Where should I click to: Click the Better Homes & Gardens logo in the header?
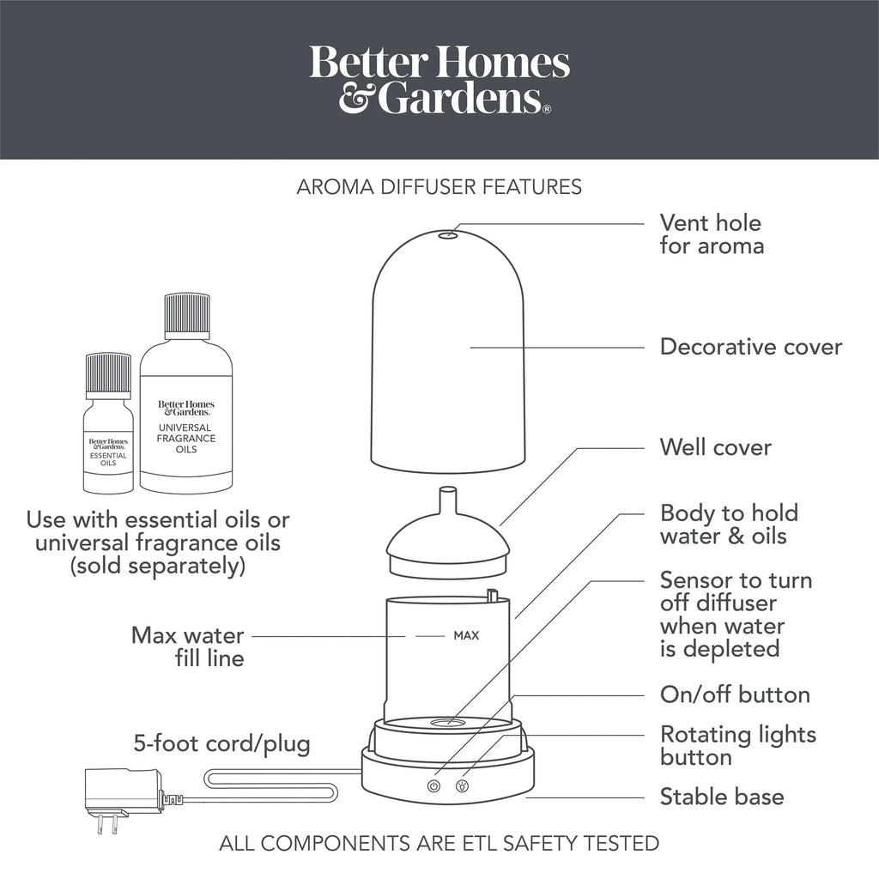(x=439, y=79)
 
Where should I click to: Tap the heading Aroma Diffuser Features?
(x=439, y=187)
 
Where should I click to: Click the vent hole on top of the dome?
(x=448, y=235)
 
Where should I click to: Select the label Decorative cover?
(x=750, y=347)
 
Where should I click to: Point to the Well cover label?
(x=715, y=447)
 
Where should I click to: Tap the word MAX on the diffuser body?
(x=466, y=636)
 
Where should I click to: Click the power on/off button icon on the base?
(x=433, y=786)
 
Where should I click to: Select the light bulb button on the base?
(x=462, y=786)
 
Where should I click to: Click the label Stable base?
(x=722, y=797)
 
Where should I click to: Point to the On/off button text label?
(x=735, y=695)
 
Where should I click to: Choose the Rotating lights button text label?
(x=737, y=746)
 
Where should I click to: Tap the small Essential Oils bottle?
(x=108, y=424)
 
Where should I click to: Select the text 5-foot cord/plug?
(x=222, y=744)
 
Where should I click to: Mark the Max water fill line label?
(x=188, y=647)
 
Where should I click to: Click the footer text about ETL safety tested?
(x=439, y=844)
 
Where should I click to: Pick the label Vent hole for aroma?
(x=712, y=235)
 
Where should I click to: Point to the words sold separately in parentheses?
(x=158, y=566)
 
